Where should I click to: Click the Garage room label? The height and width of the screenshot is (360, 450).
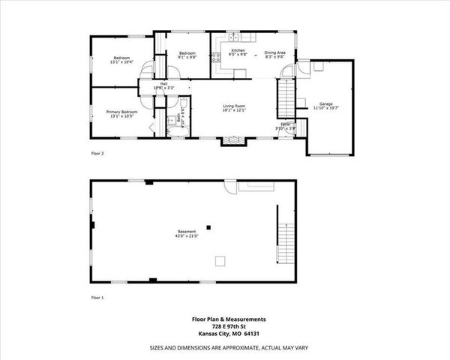point(325,103)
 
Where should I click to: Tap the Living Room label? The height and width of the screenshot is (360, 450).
point(234,106)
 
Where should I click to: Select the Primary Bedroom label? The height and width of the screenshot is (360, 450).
point(121,112)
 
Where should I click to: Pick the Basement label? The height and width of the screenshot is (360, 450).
point(187,231)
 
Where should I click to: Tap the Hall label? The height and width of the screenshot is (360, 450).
point(163,84)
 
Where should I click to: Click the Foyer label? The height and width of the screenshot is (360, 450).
point(285,124)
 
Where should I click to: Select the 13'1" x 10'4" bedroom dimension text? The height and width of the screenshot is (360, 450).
point(121,62)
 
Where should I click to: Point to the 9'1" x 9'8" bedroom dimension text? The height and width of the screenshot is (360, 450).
point(187,57)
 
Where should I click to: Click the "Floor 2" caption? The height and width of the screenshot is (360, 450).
point(97,153)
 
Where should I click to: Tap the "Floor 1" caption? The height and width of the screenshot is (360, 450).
point(97,298)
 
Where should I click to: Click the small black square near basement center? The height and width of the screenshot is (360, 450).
point(210,226)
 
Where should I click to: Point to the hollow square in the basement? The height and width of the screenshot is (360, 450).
point(220,260)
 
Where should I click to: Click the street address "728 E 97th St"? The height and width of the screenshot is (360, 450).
point(225,325)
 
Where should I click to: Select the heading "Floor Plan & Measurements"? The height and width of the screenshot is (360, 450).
point(225,319)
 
